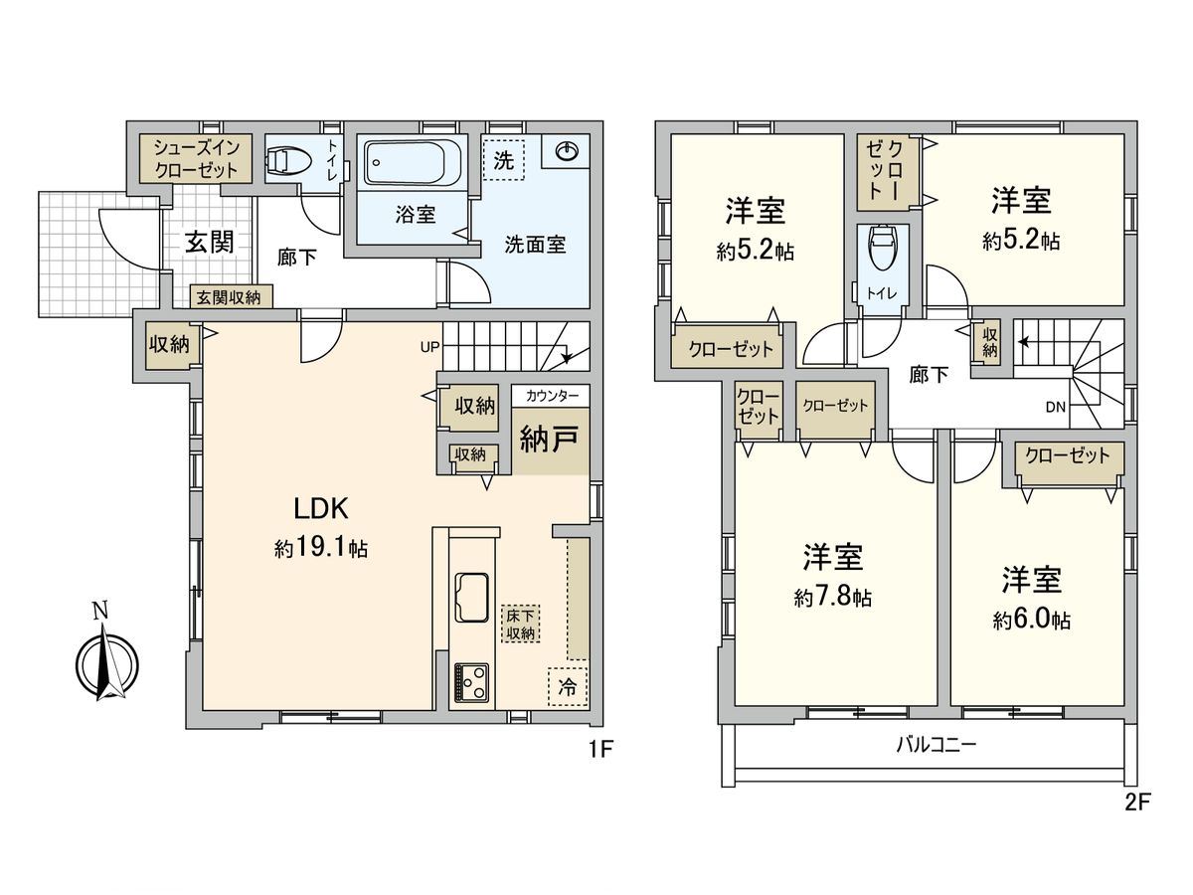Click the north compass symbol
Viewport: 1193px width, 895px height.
(107, 660)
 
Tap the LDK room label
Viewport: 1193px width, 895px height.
(319, 509)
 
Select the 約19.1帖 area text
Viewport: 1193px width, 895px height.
(320, 548)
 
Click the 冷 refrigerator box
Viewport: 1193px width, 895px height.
(567, 686)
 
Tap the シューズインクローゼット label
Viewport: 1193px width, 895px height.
(195, 158)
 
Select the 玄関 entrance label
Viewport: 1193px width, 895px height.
(209, 242)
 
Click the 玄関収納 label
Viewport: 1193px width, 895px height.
(228, 296)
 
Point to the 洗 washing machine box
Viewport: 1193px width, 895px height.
(505, 161)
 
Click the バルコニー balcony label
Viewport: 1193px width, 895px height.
(936, 744)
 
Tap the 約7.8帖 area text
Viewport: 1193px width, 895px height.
(833, 597)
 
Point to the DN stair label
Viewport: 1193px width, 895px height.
(1057, 406)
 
